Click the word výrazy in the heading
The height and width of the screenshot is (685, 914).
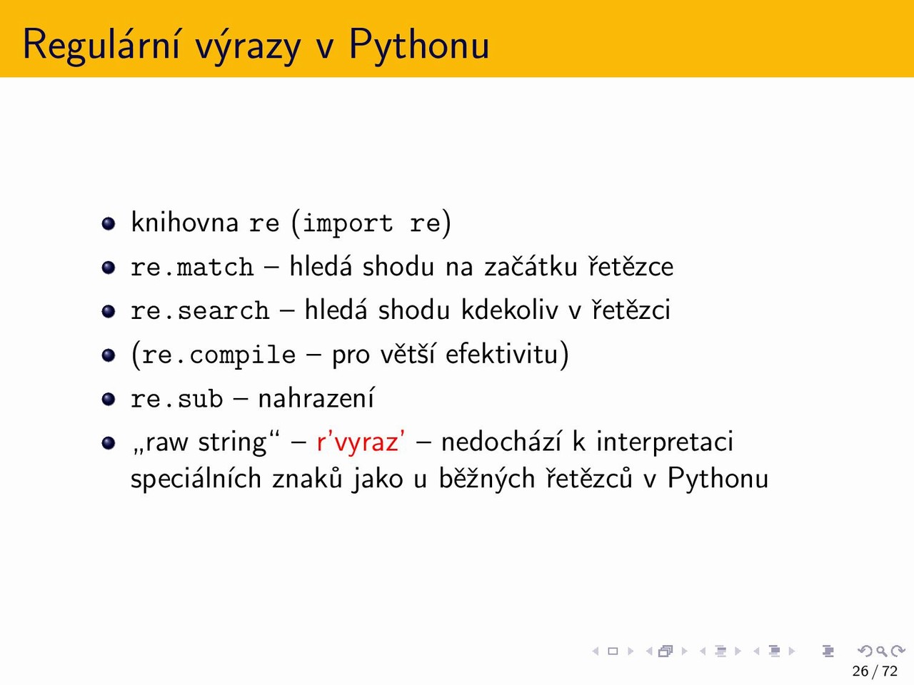pyautogui.click(x=248, y=46)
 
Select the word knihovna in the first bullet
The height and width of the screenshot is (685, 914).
pyautogui.click(x=184, y=222)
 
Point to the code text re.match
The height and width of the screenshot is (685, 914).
pyautogui.click(x=192, y=267)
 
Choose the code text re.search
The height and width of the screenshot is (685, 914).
pyautogui.click(x=200, y=310)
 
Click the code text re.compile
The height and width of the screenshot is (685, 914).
pyautogui.click(x=219, y=355)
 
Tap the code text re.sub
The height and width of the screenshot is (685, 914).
pyautogui.click(x=177, y=398)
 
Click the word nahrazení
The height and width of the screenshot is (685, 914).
pyautogui.click(x=316, y=397)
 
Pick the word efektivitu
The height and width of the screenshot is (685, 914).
pyautogui.click(x=501, y=354)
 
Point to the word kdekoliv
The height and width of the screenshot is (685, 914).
pyautogui.click(x=510, y=310)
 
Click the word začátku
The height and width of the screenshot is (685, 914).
pyautogui.click(x=531, y=265)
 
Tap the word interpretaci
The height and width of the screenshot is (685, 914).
pyautogui.click(x=665, y=442)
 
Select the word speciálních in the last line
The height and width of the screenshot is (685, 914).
pyautogui.click(x=196, y=479)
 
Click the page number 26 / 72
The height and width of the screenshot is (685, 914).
pyautogui.click(x=875, y=671)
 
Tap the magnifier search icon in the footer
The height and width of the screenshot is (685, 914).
pyautogui.click(x=881, y=651)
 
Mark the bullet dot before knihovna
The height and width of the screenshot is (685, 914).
pyautogui.click(x=109, y=223)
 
